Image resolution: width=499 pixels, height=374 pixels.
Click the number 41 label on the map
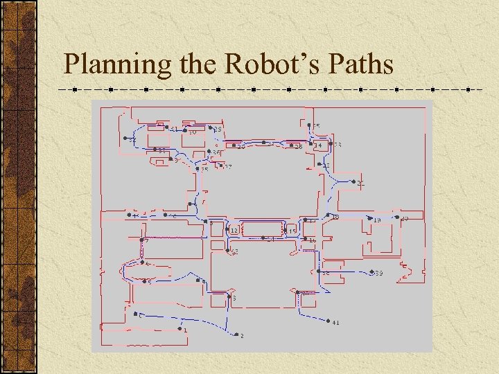pos(336,323)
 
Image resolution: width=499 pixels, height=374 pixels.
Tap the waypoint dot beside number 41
pos(329,321)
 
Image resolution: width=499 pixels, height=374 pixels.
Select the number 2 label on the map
pos(242,336)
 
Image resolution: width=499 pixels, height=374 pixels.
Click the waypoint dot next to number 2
pos(234,334)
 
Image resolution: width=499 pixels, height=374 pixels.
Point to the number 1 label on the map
pos(185,330)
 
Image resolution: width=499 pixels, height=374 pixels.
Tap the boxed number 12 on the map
pos(234,229)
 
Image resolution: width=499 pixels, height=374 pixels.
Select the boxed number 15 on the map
pos(292,230)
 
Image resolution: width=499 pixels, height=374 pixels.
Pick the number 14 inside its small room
pos(318,146)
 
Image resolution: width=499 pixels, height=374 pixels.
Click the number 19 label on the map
pos(378,220)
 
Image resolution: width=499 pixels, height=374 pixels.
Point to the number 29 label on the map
pos(218,130)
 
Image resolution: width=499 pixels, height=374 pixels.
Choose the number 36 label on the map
pos(217,153)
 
